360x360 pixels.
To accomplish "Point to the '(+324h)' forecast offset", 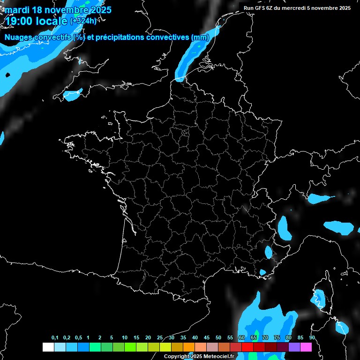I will (83, 21).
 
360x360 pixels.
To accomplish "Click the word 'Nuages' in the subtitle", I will (18, 37).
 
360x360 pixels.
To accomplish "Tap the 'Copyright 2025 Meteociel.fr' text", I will (199, 356).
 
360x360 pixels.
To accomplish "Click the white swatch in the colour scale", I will (48, 347).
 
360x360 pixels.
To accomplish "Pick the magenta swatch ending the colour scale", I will (306, 347).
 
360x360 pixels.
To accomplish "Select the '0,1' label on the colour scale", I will (55, 338).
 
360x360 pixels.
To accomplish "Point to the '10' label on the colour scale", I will (125, 338).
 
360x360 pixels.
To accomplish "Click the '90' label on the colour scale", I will (312, 338).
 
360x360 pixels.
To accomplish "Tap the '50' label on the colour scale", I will (218, 338).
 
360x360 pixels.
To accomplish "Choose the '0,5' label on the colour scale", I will (78, 338).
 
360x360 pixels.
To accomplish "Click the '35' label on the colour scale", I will (183, 338).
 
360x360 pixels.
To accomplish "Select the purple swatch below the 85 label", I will (294, 347).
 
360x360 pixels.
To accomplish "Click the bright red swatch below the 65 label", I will (247, 347).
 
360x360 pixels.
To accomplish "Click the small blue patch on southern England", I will (73, 95).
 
